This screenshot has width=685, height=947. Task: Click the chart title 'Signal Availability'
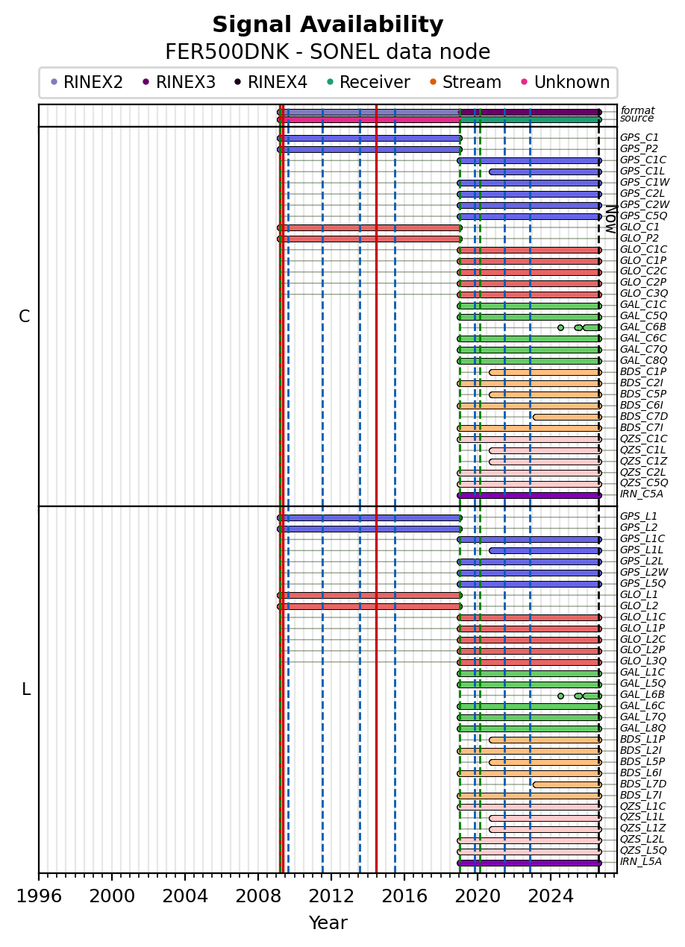point(328,25)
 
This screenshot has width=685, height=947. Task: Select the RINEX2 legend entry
point(87,82)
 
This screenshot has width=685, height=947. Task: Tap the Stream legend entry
point(466,82)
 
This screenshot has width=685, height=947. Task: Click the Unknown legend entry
point(566,82)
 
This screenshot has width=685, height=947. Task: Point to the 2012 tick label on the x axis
point(331,896)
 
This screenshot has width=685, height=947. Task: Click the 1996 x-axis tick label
point(39,896)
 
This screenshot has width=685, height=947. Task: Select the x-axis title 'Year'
point(328,923)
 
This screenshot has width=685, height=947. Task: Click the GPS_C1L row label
point(642,172)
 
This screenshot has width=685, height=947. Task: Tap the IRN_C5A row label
point(642,494)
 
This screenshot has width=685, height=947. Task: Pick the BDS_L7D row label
point(643,784)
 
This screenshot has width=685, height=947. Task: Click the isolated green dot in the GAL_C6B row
point(560,327)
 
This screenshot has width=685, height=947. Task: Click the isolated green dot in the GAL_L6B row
point(560,696)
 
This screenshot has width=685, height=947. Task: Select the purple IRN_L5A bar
point(529,863)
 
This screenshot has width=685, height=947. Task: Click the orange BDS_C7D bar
point(567,418)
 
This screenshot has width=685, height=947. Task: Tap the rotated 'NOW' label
point(611,219)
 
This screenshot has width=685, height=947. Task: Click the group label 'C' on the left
point(25,316)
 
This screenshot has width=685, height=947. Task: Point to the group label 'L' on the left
point(26,690)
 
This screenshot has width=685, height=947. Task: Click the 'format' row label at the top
point(637,110)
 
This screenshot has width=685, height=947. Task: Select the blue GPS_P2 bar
point(369,150)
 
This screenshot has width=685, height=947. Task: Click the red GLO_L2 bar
point(369,607)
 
